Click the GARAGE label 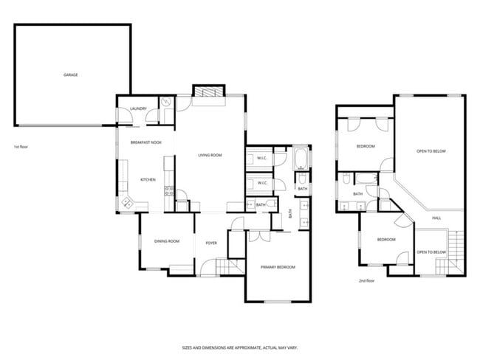click(x=71, y=75)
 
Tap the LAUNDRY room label click(x=138, y=109)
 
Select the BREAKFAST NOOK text click(x=145, y=142)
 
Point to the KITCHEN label click(x=148, y=180)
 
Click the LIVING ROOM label click(x=210, y=155)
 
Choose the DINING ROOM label click(x=167, y=241)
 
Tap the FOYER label click(x=211, y=241)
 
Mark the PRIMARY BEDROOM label click(x=278, y=266)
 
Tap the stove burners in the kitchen click(x=168, y=191)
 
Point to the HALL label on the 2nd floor click(x=436, y=218)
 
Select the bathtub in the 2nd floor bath click(x=366, y=178)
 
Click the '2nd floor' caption click(x=366, y=281)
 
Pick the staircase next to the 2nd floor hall click(x=456, y=251)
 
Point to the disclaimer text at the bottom click(x=240, y=347)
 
